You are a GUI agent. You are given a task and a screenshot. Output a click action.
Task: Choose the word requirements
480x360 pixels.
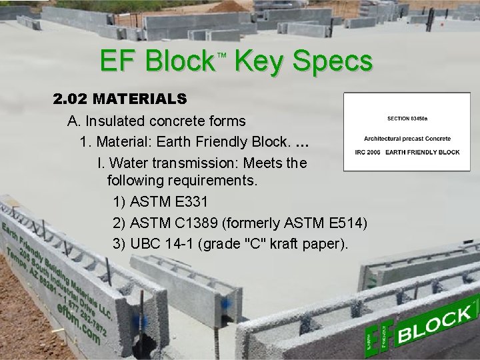(218, 181)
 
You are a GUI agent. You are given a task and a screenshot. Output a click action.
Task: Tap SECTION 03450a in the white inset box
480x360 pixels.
(407, 118)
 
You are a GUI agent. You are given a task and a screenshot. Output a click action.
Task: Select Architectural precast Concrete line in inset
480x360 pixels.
(407, 139)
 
